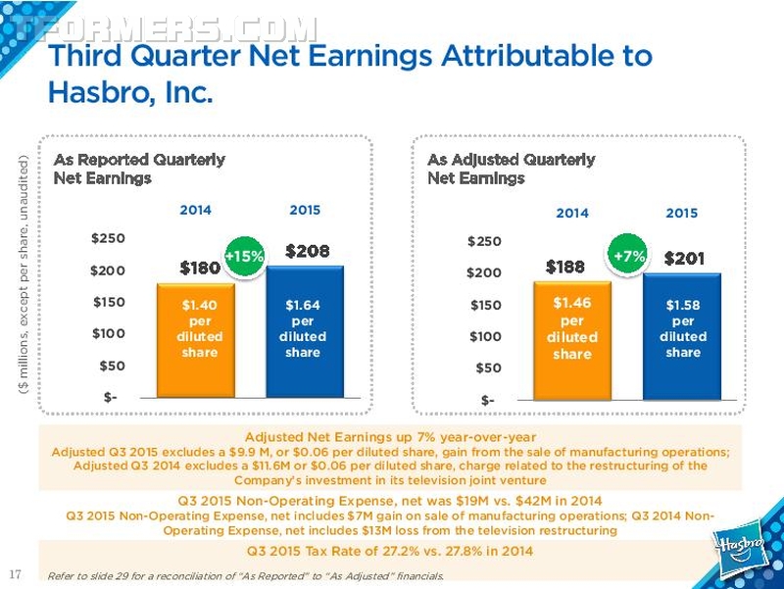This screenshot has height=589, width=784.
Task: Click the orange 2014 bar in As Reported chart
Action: pyautogui.click(x=196, y=340)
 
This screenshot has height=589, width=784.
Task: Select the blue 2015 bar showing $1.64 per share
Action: pyautogui.click(x=305, y=331)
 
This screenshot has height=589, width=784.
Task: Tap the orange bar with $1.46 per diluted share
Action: pyautogui.click(x=572, y=340)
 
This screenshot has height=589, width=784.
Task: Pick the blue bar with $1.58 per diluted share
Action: pyautogui.click(x=682, y=336)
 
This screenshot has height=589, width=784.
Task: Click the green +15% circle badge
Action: pyautogui.click(x=244, y=257)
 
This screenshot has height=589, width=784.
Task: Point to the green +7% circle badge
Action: pyautogui.click(x=628, y=256)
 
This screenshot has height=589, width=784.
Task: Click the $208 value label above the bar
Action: pyautogui.click(x=307, y=251)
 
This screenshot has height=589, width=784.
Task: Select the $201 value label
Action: pyautogui.click(x=684, y=259)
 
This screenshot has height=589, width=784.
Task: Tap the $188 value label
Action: pyautogui.click(x=565, y=267)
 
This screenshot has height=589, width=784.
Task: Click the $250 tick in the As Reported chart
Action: pyautogui.click(x=108, y=238)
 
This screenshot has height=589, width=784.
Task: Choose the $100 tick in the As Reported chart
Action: pyautogui.click(x=108, y=333)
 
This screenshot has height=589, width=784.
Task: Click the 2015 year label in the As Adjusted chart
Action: pyautogui.click(x=681, y=213)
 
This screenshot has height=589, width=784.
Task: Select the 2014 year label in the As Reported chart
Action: pyautogui.click(x=195, y=210)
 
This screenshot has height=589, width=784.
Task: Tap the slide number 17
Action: pyautogui.click(x=16, y=573)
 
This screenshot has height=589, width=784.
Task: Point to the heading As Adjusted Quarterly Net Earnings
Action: pyautogui.click(x=511, y=169)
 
